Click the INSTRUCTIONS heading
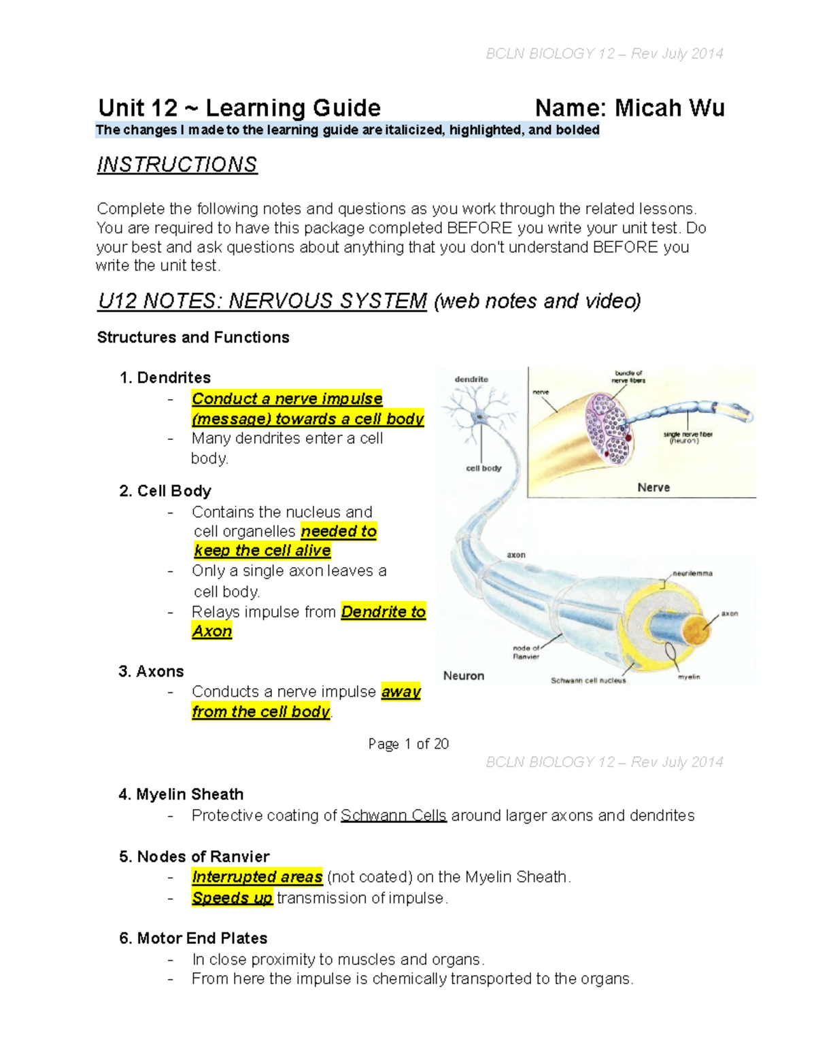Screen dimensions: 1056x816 coord(177,165)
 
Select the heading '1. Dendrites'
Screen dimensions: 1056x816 coord(165,377)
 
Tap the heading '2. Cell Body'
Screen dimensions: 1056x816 coord(165,491)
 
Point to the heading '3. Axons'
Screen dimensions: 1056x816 coord(152,671)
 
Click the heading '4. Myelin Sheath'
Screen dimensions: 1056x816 coord(181,794)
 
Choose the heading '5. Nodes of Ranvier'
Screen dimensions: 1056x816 coord(194,856)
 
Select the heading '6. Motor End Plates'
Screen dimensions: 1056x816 coord(193,938)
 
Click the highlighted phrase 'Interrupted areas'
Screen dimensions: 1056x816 coord(257,877)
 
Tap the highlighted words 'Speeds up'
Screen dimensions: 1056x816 coord(232,898)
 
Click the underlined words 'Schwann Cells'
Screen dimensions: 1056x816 coord(393,815)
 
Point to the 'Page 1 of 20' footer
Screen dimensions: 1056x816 coord(408,744)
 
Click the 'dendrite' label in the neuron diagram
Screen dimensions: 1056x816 coord(471,379)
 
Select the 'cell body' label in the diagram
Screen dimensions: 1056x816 coord(483,468)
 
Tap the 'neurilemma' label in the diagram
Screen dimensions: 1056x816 coord(692,573)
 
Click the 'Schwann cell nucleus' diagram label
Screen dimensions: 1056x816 coord(588,680)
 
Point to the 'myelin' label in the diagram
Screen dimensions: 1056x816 coord(689,677)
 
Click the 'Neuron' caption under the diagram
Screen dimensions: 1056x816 coord(464,676)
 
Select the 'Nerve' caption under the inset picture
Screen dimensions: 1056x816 coord(653,488)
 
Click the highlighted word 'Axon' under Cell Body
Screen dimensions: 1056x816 coord(212,632)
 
